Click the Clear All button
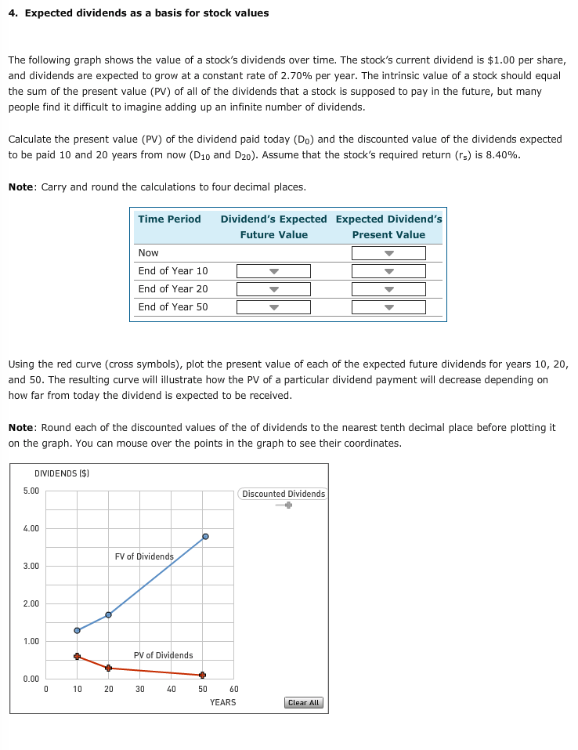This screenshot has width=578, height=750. pyautogui.click(x=304, y=702)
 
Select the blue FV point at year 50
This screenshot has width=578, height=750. pyautogui.click(x=205, y=536)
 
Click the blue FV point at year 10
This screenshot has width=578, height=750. pyautogui.click(x=77, y=630)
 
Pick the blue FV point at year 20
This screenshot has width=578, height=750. pyautogui.click(x=108, y=614)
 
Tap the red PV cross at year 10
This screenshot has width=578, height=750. pyautogui.click(x=77, y=656)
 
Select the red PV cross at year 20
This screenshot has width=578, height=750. pyautogui.click(x=108, y=668)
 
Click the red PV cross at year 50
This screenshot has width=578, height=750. pyautogui.click(x=202, y=675)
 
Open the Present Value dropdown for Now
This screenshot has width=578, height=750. pyautogui.click(x=388, y=253)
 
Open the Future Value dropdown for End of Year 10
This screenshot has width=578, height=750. pyautogui.click(x=273, y=271)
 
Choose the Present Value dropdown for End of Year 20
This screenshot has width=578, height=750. pyautogui.click(x=388, y=289)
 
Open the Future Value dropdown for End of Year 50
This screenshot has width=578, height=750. pyautogui.click(x=273, y=307)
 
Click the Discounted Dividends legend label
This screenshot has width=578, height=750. pyautogui.click(x=284, y=494)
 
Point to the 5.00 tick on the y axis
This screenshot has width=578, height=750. pyautogui.click(x=31, y=491)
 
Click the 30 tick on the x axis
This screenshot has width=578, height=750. pyautogui.click(x=139, y=690)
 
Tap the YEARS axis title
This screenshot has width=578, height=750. pyautogui.click(x=222, y=702)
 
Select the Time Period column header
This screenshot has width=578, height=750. pyautogui.click(x=169, y=219)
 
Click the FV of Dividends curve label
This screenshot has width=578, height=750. pyautogui.click(x=144, y=556)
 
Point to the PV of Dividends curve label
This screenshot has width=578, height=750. pyautogui.click(x=163, y=655)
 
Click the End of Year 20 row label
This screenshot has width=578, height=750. pyautogui.click(x=173, y=289)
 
